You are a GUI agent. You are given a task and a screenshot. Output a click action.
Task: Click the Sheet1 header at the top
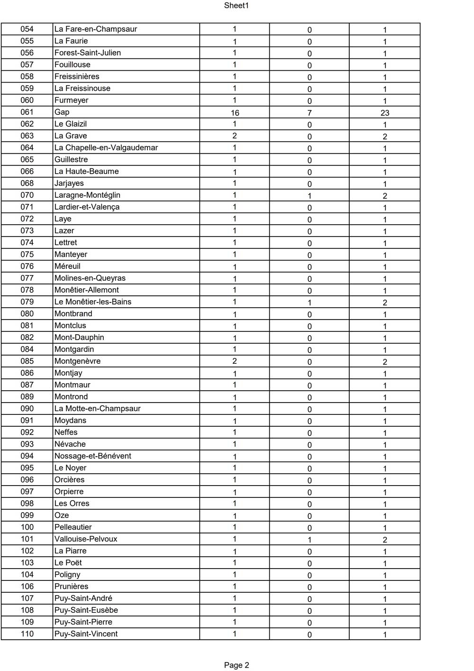(x=236, y=6)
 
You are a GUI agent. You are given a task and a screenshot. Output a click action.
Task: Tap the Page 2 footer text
(x=236, y=665)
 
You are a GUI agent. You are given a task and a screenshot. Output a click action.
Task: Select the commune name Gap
(x=62, y=112)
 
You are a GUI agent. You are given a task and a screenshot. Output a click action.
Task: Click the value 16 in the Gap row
(x=235, y=113)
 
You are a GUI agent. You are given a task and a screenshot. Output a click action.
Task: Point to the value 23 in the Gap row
(x=384, y=113)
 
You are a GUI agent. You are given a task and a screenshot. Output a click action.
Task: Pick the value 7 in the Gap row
(x=309, y=113)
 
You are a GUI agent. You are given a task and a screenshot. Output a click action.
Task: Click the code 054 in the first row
(x=27, y=29)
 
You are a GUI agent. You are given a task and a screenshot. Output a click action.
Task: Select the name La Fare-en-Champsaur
(x=96, y=29)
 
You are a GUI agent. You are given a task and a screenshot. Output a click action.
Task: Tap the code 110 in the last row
(x=27, y=634)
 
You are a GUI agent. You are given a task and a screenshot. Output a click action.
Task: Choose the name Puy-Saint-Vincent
(x=86, y=634)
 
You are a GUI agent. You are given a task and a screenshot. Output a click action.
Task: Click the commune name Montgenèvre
(x=77, y=361)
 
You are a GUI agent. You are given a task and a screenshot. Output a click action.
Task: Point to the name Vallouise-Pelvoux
(x=86, y=539)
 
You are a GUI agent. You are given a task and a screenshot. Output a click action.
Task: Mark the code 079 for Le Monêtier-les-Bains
(x=27, y=302)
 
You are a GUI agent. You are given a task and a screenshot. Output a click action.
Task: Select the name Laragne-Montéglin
(x=87, y=195)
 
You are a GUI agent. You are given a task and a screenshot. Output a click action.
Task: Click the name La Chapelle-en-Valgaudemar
(x=106, y=147)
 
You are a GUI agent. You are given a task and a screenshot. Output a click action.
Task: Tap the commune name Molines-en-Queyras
(x=90, y=278)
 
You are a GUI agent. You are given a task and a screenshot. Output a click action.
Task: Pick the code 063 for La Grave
(x=27, y=136)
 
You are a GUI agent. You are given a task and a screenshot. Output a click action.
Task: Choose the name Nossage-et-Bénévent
(x=93, y=456)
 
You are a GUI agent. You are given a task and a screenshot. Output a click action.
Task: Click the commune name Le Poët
(x=68, y=562)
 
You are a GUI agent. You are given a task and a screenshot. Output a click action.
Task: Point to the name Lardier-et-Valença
(x=87, y=207)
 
